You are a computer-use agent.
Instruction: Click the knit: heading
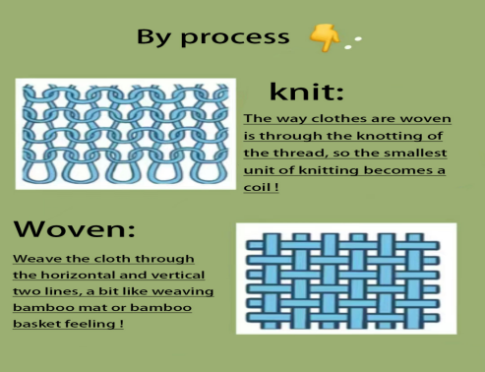click(306, 93)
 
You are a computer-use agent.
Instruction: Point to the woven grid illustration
click(345, 276)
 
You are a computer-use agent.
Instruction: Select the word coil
click(259, 189)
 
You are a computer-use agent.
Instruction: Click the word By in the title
click(154, 37)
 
